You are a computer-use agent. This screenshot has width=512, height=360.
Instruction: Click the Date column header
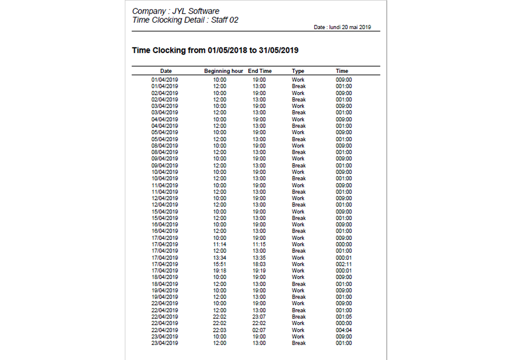click(166, 71)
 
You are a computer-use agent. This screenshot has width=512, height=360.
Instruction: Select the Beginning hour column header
click(223, 71)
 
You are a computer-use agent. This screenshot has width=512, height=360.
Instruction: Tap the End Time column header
click(260, 71)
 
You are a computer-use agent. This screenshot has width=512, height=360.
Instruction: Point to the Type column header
click(298, 71)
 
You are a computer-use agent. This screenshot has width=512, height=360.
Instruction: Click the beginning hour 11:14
click(220, 244)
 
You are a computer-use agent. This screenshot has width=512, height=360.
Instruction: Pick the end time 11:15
click(259, 244)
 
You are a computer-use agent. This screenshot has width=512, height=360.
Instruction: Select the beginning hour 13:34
click(220, 258)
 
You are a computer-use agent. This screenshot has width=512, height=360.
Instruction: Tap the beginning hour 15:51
click(220, 264)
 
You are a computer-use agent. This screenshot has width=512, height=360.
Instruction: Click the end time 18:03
click(259, 264)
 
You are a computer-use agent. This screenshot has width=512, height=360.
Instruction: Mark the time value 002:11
click(344, 264)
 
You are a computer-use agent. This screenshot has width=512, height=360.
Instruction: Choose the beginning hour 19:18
click(220, 271)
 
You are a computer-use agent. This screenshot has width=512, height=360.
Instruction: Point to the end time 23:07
click(259, 317)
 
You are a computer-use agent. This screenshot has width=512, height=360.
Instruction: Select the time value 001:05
click(344, 317)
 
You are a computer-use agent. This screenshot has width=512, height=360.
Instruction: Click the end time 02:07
click(259, 330)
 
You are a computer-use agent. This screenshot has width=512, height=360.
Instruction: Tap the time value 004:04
click(344, 330)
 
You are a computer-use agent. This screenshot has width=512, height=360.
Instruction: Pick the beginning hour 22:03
click(220, 330)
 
